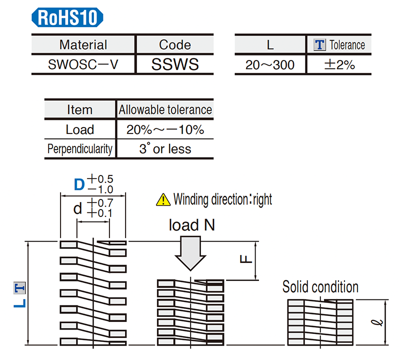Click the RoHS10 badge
[67, 18]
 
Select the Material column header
[83, 44]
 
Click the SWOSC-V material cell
[83, 64]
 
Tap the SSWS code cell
[174, 64]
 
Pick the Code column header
[174, 44]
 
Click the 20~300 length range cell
[270, 64]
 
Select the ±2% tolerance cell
[339, 64]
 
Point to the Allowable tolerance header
[165, 109]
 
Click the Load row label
[79, 129]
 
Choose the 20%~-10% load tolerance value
[165, 129]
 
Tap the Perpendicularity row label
[79, 149]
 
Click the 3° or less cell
[165, 149]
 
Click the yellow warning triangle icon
[163, 199]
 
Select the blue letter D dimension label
[79, 185]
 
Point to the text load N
[192, 225]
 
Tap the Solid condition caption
[320, 287]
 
